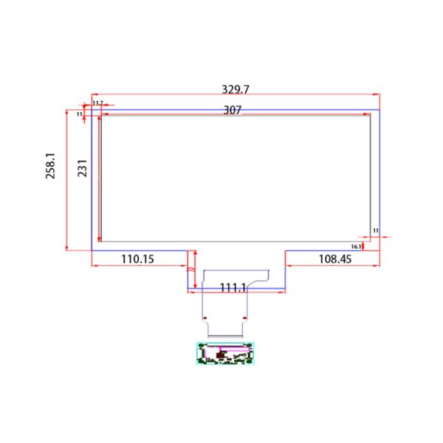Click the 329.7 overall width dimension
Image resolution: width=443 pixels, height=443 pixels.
[236, 89]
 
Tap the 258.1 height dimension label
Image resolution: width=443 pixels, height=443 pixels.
[51, 170]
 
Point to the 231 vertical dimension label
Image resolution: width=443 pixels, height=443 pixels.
[83, 171]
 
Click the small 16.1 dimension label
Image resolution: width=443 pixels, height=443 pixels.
[355, 246]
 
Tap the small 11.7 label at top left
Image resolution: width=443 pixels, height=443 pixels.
[97, 103]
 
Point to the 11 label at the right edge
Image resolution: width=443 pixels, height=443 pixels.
[375, 231]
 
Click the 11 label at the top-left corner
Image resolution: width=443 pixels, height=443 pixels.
[80, 114]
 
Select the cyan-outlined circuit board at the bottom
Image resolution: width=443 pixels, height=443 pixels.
[225, 354]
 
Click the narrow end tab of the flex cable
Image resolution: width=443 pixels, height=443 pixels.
[226, 325]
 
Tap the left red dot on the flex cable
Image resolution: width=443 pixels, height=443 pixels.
[205, 318]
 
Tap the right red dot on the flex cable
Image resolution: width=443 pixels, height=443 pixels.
[247, 318]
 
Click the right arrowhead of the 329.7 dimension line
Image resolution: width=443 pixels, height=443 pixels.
[377, 95]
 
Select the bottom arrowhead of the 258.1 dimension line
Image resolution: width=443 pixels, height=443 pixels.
[68, 248]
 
